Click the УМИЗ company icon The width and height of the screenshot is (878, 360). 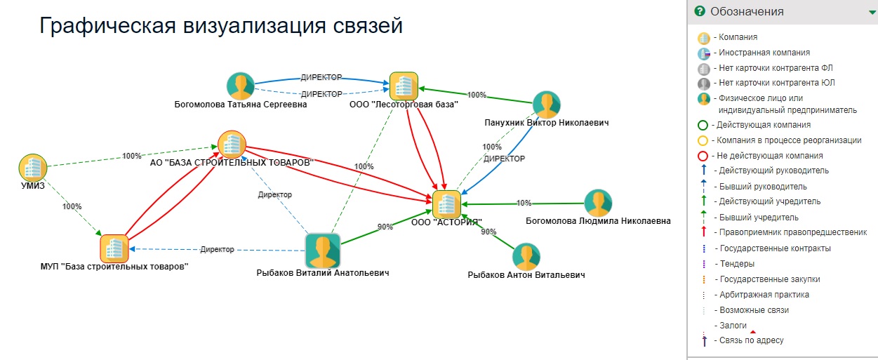(32, 168)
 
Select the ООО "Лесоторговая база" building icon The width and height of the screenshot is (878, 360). (404, 86)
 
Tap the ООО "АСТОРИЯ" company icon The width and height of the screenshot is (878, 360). (446, 204)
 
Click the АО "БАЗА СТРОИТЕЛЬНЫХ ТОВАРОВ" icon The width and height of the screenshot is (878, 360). (232, 144)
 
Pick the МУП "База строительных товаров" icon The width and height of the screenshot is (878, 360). (114, 248)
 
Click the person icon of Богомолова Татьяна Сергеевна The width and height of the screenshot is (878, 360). (241, 86)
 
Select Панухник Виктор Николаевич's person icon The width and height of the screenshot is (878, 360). (546, 105)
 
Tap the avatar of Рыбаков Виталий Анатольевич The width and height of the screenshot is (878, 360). (323, 251)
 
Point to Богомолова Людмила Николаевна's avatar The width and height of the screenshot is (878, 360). (598, 203)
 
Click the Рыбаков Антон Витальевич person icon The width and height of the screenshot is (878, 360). (526, 257)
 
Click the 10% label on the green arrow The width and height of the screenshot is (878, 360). (524, 204)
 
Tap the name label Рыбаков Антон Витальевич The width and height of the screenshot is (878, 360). (526, 275)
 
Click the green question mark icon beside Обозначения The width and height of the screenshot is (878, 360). (699, 11)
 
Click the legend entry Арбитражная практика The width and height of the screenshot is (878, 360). (764, 295)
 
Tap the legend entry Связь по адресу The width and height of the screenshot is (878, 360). (751, 340)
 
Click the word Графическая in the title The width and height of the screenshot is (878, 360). (104, 26)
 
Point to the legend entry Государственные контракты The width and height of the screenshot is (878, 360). (775, 248)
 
